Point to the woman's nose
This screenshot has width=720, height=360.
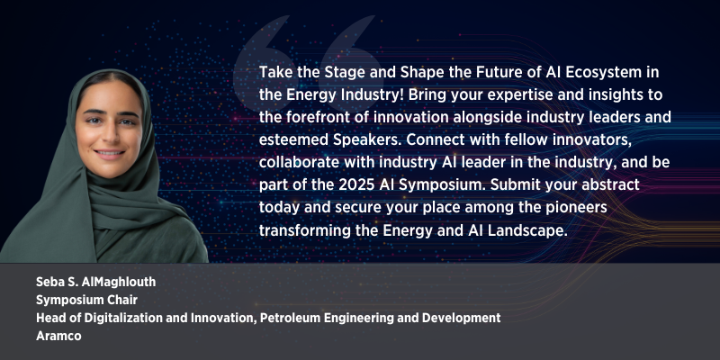tap(108, 134)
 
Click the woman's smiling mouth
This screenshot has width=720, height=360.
tap(109, 153)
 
